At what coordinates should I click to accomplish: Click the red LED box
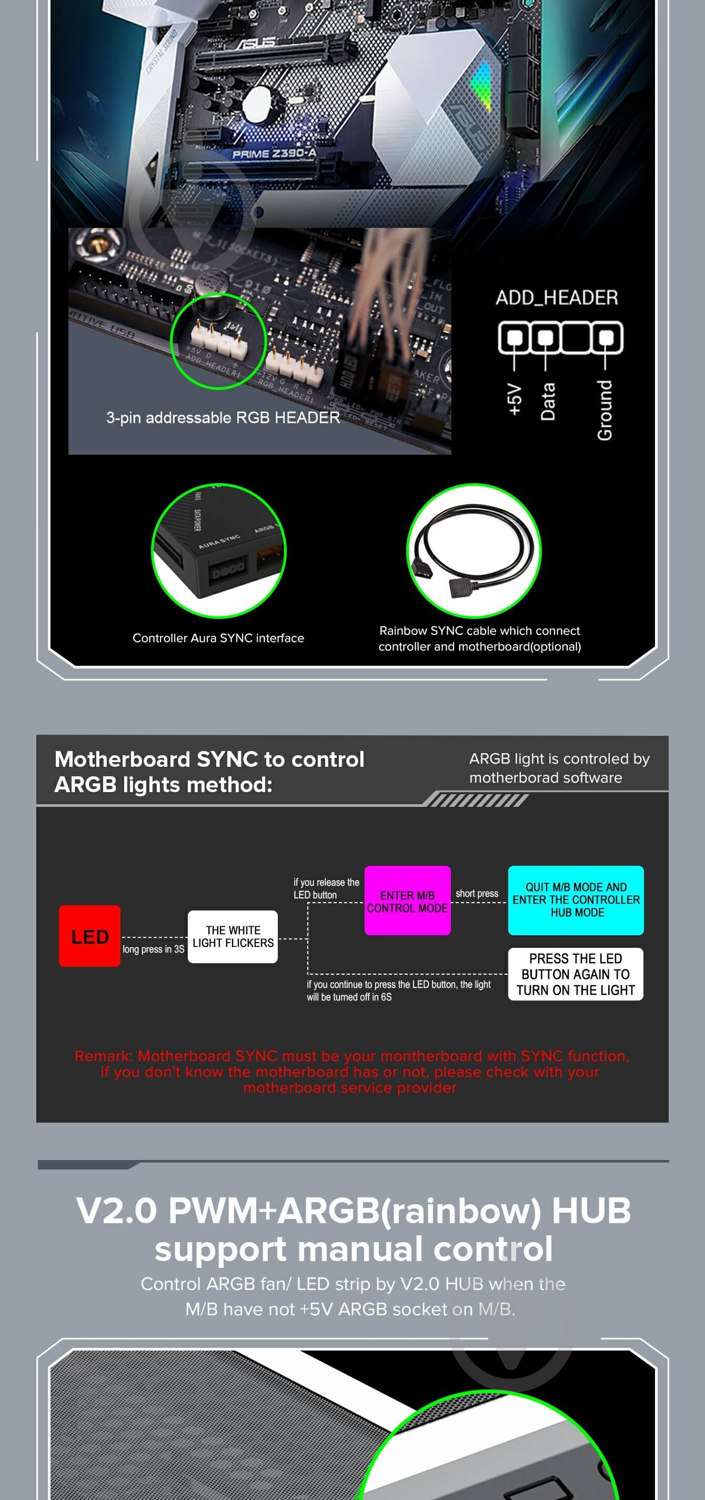89,936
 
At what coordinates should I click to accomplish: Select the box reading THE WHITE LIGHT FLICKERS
233,936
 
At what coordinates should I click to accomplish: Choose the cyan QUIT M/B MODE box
576,900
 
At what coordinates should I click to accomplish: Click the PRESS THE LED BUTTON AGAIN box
575,974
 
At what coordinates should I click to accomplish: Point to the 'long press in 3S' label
153,949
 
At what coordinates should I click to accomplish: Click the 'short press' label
477,893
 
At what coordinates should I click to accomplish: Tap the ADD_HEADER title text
557,297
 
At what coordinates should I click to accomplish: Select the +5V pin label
514,399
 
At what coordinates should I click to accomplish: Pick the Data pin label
547,401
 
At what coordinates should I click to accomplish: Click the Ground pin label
605,410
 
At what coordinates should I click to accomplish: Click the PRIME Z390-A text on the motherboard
274,154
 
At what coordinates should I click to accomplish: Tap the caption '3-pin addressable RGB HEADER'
223,417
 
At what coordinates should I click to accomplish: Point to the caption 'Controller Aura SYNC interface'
218,637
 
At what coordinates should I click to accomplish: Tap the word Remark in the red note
103,1056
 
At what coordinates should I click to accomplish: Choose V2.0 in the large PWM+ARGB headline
116,1211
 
